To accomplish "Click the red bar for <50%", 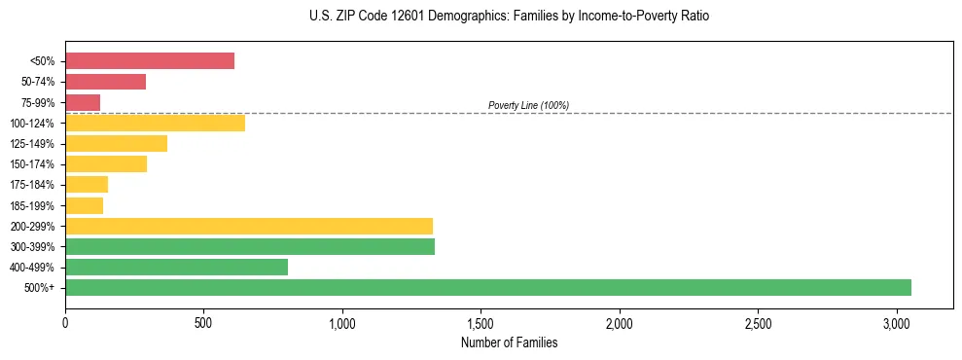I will [150, 61].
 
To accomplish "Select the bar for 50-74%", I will [105, 82].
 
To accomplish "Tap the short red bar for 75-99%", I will [83, 102].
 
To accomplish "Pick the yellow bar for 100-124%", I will [155, 123].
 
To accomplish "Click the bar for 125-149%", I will [116, 144].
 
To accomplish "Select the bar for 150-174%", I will [106, 164].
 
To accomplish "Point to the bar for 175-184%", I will [87, 185].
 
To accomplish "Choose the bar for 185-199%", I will [84, 205].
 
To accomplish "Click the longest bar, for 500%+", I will [488, 287].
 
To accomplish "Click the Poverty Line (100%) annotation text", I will [528, 105].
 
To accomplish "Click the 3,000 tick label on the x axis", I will [897, 323].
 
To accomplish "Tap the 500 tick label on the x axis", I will [203, 323].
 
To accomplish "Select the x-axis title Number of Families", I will [509, 342].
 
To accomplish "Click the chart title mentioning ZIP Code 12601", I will [509, 17].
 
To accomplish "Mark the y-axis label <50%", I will [43, 61].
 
